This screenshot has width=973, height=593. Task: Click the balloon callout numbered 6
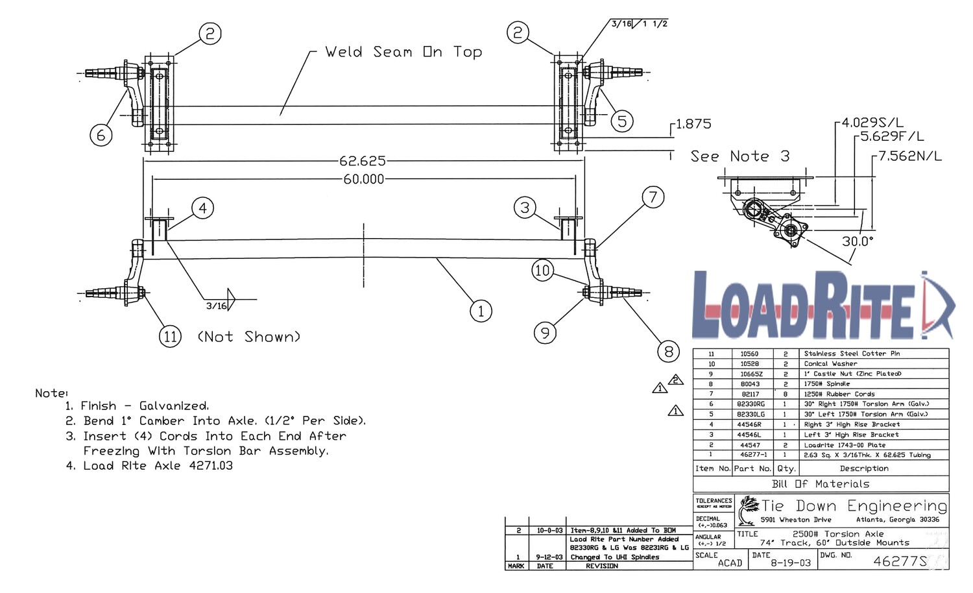click(101, 135)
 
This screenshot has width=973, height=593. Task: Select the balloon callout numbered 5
click(622, 121)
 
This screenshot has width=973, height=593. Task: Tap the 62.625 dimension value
click(362, 161)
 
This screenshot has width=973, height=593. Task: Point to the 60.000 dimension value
click(363, 179)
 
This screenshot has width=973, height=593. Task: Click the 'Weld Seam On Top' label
click(403, 52)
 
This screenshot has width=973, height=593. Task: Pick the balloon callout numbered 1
click(481, 311)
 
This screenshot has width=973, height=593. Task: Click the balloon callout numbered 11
click(170, 337)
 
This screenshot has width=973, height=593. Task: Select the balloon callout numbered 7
click(653, 197)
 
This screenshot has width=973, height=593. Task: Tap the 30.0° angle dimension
click(858, 241)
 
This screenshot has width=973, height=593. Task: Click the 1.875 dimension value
click(693, 124)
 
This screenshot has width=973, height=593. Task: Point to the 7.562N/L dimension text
click(910, 156)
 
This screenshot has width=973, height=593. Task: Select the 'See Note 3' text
click(739, 156)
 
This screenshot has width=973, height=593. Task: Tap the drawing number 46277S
click(900, 561)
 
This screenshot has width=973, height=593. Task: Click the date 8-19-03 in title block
click(790, 563)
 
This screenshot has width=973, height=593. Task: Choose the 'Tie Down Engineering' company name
click(854, 505)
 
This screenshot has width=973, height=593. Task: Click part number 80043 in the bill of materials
click(750, 384)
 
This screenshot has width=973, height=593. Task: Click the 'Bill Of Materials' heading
click(821, 484)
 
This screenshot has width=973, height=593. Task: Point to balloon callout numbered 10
click(542, 270)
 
